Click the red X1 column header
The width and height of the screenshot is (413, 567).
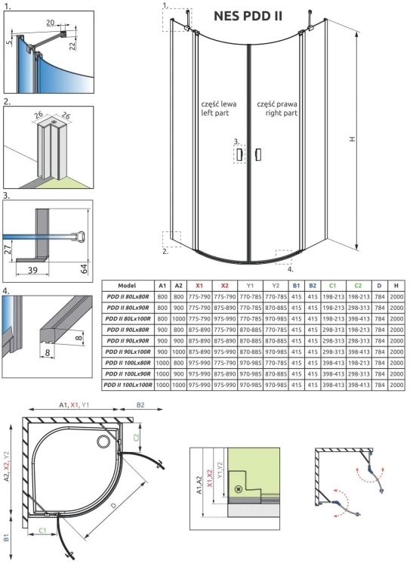point(199,286)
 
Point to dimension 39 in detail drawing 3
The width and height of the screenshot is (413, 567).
point(32,270)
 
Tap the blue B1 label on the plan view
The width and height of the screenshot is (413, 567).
point(7,539)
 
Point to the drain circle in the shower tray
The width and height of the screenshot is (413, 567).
point(103,437)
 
